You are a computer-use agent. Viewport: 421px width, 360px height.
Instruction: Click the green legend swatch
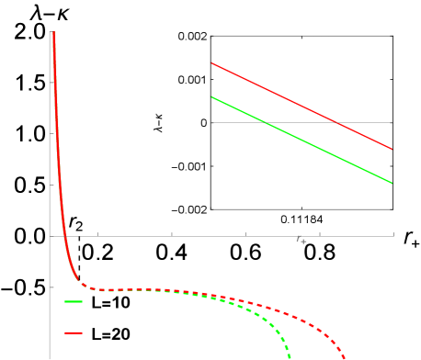click(x=74, y=301)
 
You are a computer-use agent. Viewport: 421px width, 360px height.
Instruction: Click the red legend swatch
click(x=74, y=332)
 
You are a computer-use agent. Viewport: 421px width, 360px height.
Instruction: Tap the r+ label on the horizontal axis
click(x=301, y=240)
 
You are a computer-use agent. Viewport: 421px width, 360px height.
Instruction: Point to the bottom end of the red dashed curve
click(x=345, y=357)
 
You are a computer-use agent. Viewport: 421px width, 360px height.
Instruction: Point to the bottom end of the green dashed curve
click(x=290, y=357)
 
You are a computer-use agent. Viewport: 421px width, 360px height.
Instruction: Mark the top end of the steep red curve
click(x=54, y=33)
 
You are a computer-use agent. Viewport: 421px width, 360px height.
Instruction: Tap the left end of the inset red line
click(x=212, y=63)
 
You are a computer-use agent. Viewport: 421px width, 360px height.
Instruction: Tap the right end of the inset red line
click(x=392, y=149)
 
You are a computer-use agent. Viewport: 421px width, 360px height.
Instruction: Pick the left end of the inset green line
click(x=212, y=96)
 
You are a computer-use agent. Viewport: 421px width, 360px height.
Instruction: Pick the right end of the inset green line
click(x=392, y=183)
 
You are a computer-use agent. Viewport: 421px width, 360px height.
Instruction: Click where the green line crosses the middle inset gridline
click(x=266, y=122)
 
